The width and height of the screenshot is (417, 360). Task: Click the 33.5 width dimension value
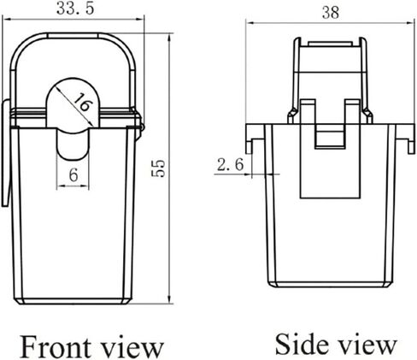75,9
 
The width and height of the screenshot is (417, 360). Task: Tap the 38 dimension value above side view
331,13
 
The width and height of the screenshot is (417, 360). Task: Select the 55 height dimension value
158,168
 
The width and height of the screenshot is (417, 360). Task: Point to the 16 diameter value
82,102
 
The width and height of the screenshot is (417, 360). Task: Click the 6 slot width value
73,174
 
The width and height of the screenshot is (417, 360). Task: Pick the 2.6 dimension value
230,165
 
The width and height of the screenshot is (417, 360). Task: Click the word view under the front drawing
132,348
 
